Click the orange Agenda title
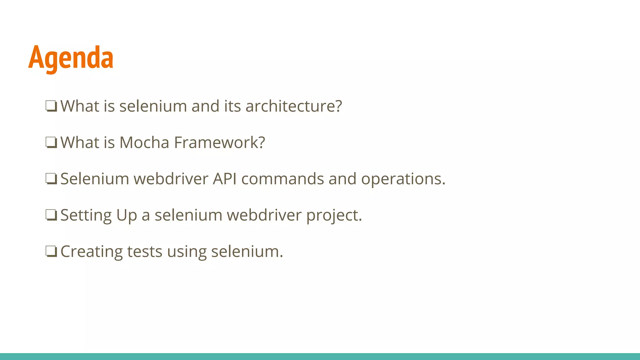click(x=71, y=58)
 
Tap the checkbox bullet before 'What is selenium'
click(x=51, y=106)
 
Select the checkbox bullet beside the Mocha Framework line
click(x=51, y=142)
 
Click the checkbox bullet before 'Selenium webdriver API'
click(x=51, y=179)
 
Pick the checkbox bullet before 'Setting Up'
click(x=51, y=215)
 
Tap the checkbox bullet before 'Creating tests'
click(x=51, y=251)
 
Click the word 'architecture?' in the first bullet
click(x=294, y=106)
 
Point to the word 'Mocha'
click(x=144, y=142)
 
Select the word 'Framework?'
click(x=219, y=142)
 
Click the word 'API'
click(x=224, y=179)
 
